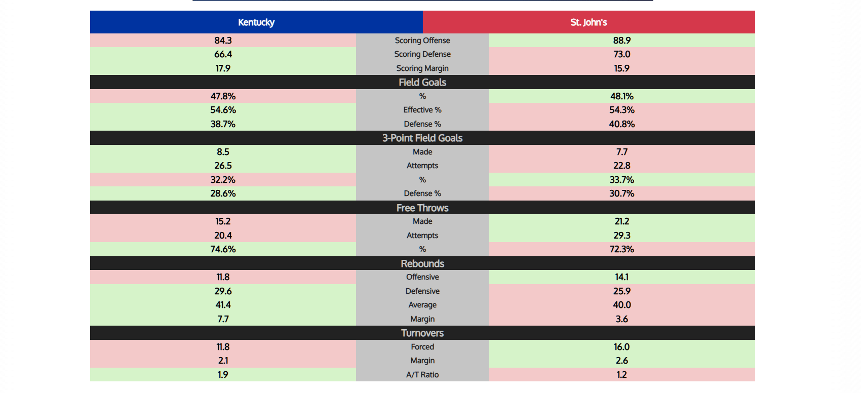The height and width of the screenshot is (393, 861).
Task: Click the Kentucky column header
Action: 256,22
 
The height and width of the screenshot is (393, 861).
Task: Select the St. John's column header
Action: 589,22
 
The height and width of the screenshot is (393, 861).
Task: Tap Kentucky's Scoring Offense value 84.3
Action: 223,41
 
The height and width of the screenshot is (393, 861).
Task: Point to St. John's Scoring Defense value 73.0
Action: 621,54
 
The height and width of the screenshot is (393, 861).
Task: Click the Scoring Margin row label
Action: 422,68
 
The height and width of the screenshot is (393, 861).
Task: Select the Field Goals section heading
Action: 422,82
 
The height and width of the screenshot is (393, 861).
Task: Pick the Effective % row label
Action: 422,110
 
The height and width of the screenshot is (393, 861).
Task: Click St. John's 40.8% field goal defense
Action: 621,124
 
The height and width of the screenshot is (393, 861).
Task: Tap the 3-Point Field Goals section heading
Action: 422,138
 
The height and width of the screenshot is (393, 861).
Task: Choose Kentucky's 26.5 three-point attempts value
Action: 223,166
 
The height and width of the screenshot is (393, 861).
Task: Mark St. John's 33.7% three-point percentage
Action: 621,180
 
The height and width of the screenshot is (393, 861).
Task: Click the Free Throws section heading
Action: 422,208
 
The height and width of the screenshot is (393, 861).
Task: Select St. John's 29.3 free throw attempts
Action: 621,235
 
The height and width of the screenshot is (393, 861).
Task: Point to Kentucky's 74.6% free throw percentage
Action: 223,249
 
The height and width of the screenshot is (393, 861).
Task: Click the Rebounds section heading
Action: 422,263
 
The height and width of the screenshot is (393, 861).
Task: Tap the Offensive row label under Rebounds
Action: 422,277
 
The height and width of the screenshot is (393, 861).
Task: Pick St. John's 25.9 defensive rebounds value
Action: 621,291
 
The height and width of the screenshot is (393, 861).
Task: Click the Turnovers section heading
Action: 422,333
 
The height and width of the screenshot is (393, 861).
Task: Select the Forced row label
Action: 422,347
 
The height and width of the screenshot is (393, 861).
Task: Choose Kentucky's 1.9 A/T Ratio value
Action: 223,375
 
